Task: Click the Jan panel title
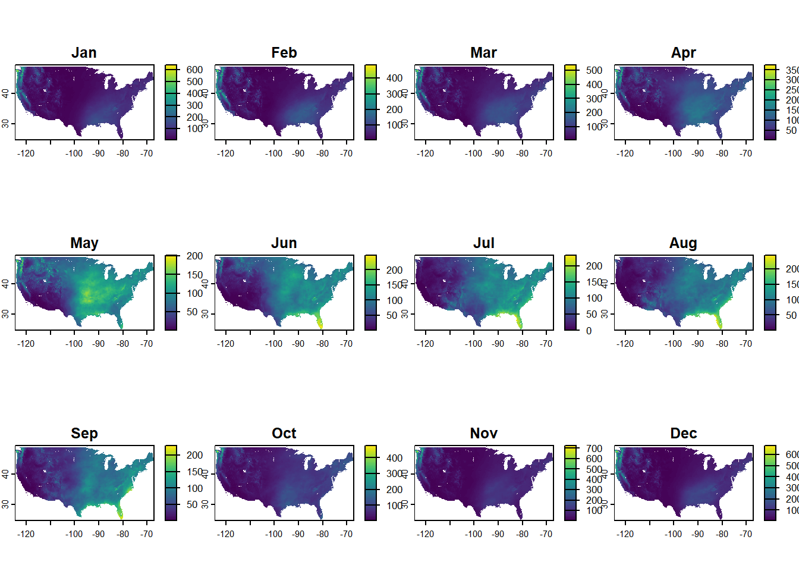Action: coord(84,53)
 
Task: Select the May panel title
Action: coord(84,243)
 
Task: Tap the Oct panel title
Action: coord(284,434)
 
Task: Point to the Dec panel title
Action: coord(683,434)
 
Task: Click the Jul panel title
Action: coord(483,243)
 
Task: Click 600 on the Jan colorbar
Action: coord(194,70)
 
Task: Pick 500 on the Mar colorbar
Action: coord(594,70)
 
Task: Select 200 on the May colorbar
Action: coord(194,256)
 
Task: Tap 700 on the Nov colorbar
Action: coord(594,448)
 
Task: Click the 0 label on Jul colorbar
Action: coord(589,331)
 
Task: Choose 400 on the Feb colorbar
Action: coord(394,78)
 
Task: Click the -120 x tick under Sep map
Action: coord(26,534)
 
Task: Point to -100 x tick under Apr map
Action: coord(673,153)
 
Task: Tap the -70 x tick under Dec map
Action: coord(746,534)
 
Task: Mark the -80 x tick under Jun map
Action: coord(322,344)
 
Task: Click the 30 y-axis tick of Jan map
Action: coord(5,123)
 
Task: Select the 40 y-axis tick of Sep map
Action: coord(5,474)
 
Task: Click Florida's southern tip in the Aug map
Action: coord(721,326)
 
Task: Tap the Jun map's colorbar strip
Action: coord(370,292)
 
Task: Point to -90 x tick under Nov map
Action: coord(498,534)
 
